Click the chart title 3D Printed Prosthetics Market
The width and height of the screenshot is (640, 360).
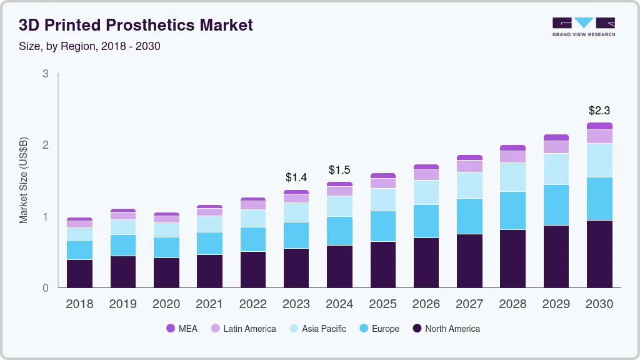click(136, 25)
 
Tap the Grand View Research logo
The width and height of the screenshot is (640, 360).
click(583, 26)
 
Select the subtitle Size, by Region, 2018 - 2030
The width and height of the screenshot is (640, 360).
click(89, 46)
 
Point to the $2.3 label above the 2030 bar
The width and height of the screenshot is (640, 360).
click(599, 111)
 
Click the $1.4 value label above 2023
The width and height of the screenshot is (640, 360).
click(296, 178)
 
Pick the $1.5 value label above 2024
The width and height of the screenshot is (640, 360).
click(339, 170)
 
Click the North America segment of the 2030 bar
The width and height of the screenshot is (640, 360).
click(599, 254)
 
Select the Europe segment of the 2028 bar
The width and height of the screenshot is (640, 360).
click(512, 211)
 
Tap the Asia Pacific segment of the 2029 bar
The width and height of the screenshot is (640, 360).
click(556, 169)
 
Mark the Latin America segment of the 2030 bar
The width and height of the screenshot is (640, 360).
click(599, 136)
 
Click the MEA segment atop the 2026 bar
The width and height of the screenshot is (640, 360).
click(426, 167)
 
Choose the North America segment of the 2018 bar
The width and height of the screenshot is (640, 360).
click(79, 273)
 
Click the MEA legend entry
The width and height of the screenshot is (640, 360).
click(182, 328)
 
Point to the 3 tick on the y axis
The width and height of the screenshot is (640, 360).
click(45, 74)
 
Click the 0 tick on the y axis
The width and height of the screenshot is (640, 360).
click(45, 288)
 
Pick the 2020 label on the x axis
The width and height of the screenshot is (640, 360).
click(166, 304)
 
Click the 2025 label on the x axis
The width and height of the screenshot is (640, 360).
click(382, 304)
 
